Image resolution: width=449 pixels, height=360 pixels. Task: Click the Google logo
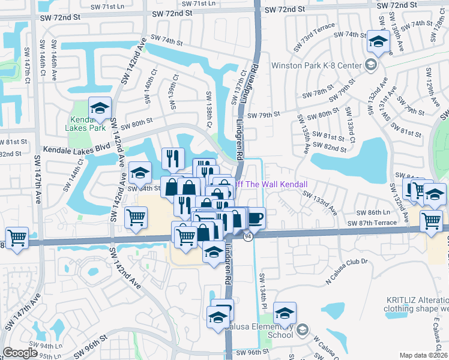pos(20,353)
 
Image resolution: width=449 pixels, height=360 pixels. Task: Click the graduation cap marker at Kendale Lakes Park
pos(100,109)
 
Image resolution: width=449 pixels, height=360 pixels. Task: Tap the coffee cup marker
pos(256,217)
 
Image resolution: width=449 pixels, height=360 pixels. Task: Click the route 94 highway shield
pos(247,237)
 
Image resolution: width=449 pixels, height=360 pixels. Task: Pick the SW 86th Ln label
pos(373,212)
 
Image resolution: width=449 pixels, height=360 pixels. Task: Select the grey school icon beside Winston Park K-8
pos(370,65)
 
